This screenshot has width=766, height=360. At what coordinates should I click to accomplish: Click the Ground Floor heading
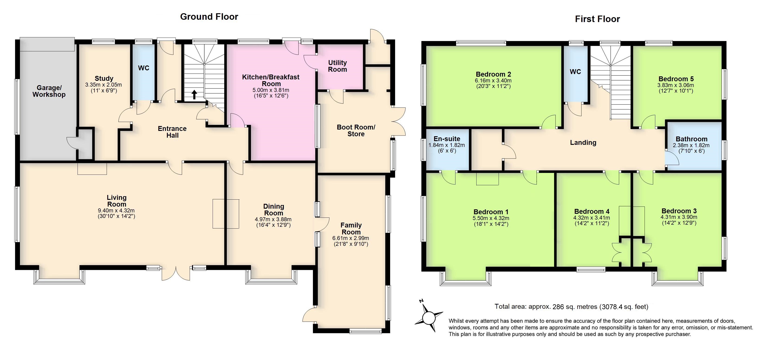(x=209, y=17)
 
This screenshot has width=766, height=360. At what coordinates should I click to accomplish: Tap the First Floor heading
(x=597, y=19)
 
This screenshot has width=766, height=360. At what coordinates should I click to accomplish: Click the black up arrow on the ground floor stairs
(x=194, y=94)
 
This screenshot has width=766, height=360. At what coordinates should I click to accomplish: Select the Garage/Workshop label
(x=49, y=91)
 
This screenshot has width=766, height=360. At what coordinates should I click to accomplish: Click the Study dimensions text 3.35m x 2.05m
(x=104, y=85)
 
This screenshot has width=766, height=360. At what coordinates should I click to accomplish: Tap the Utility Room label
(x=337, y=66)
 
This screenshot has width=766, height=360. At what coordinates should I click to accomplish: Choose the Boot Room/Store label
(x=356, y=130)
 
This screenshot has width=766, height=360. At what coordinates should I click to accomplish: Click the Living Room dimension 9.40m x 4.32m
(x=116, y=211)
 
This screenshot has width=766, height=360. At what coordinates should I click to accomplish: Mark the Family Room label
(x=351, y=229)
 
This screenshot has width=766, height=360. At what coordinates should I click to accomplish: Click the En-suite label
(x=447, y=139)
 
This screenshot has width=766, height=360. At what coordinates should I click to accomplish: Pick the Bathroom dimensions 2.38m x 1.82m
(x=691, y=145)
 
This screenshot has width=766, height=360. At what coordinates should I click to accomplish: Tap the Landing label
(x=583, y=143)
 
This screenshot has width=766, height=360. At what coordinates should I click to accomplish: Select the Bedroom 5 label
(x=676, y=79)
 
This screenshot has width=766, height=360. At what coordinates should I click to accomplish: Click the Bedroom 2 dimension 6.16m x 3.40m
(x=493, y=81)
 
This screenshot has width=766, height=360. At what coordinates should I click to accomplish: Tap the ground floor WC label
(x=144, y=68)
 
